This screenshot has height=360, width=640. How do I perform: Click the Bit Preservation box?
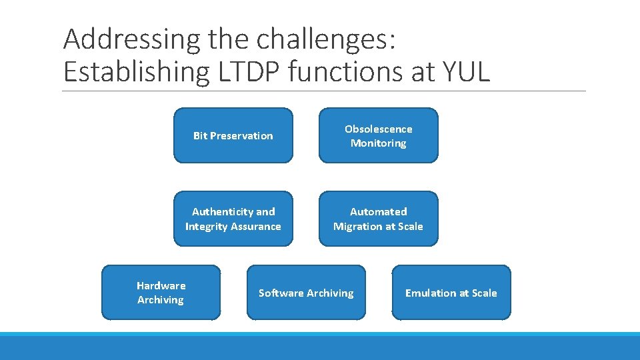(233, 135)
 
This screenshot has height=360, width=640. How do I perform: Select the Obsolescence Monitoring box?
(378, 135)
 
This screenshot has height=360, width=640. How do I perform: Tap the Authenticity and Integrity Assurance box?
(233, 219)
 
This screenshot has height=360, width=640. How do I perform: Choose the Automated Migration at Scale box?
(378, 219)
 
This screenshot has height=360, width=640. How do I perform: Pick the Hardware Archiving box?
(161, 293)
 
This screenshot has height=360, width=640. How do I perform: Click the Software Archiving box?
(306, 293)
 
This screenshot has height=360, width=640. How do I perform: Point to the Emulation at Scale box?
(451, 293)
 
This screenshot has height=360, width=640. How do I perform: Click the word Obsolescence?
(378, 129)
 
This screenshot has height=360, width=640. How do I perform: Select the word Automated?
(378, 212)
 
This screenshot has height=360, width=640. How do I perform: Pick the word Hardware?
(161, 285)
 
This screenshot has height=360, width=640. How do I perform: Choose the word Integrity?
(207, 227)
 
